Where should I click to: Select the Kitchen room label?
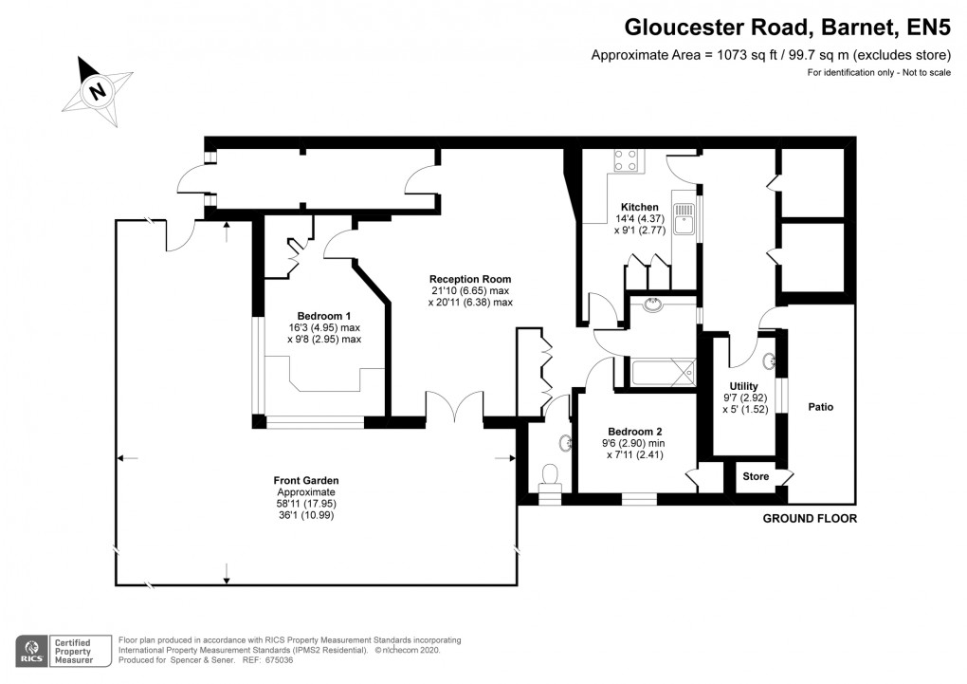639,208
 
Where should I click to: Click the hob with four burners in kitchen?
626,160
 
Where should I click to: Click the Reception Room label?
469,278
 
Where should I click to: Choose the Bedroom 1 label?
324,316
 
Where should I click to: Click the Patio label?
821,407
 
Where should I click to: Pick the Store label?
756,476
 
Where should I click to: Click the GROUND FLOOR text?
811,519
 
